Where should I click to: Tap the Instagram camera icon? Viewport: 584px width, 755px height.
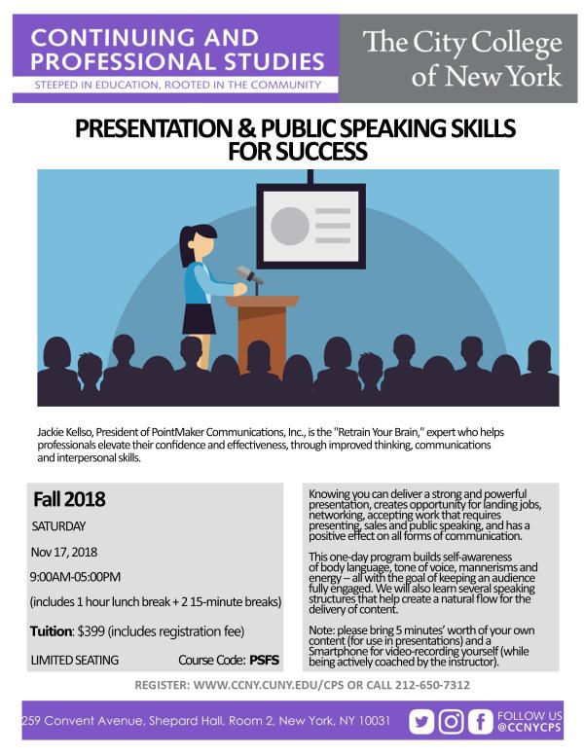[x=452, y=722]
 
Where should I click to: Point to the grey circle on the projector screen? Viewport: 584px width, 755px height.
[x=289, y=226]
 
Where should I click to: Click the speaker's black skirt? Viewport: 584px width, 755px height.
[x=199, y=318]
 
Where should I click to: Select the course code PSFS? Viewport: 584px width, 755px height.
[x=265, y=660]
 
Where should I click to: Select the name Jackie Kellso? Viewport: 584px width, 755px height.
[x=67, y=430]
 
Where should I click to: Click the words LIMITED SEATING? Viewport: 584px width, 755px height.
[x=75, y=660]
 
